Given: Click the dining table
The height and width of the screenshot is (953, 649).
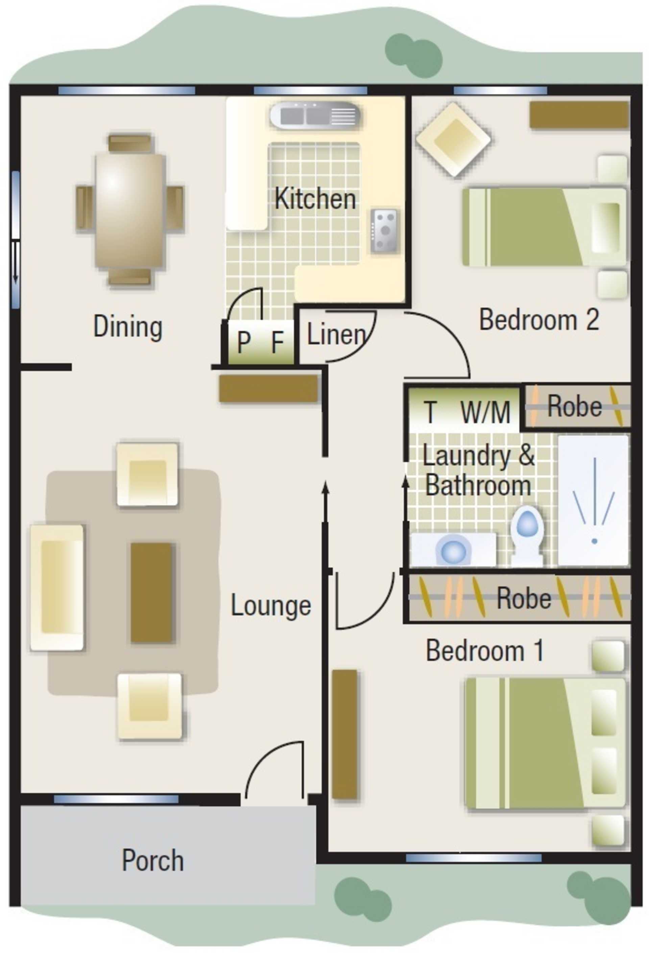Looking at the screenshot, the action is pos(130,210).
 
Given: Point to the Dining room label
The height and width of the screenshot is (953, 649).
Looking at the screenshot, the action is pos(128,327).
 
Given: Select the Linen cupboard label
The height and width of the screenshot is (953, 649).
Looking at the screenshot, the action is pos(336,335).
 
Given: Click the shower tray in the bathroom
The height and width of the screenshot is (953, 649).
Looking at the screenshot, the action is pos(593,500).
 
